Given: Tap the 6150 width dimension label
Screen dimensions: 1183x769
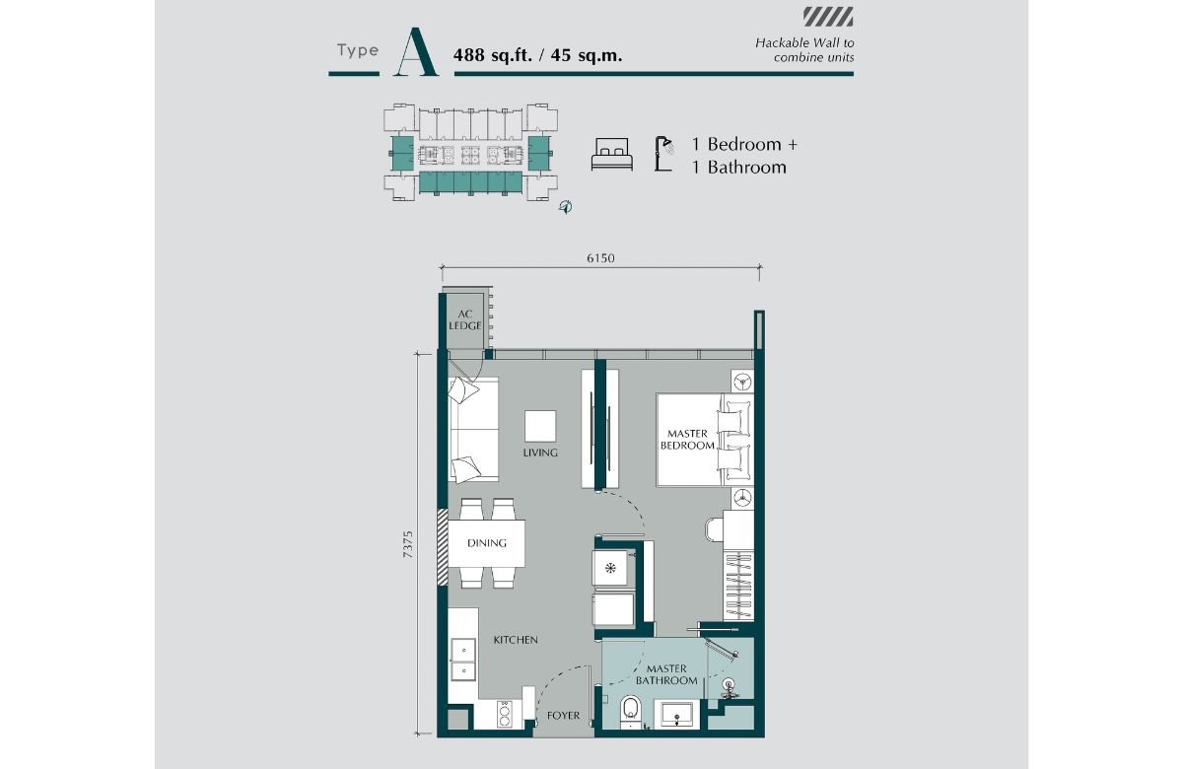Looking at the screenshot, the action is [x=600, y=258].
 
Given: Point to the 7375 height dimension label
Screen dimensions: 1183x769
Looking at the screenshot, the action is [x=408, y=544].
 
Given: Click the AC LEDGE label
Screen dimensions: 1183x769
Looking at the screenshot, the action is [x=464, y=320].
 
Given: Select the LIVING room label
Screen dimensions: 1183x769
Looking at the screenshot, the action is [x=540, y=453].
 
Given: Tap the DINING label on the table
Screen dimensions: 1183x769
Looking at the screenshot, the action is [x=486, y=543].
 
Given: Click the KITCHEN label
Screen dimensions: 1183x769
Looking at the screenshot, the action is [x=516, y=640].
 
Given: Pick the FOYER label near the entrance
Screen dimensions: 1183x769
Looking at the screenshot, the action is [x=564, y=716].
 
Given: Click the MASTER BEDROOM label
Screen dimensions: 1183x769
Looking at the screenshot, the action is [x=687, y=440].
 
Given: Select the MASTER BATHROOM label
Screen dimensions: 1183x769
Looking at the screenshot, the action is [x=666, y=675].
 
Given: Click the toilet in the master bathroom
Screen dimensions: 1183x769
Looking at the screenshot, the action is [x=631, y=711].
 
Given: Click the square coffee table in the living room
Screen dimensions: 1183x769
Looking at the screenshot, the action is [x=540, y=426].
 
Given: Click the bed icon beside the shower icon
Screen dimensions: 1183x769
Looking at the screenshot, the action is [x=612, y=154].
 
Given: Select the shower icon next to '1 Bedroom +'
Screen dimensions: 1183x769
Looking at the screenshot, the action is [x=663, y=154].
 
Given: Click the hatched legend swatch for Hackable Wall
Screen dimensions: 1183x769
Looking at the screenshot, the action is [x=828, y=17].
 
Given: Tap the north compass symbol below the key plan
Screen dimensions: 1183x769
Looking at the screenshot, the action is [x=566, y=206].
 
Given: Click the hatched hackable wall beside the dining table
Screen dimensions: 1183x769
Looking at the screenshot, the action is [x=443, y=548].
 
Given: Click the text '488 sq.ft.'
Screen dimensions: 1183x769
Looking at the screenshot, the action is [x=493, y=55].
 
